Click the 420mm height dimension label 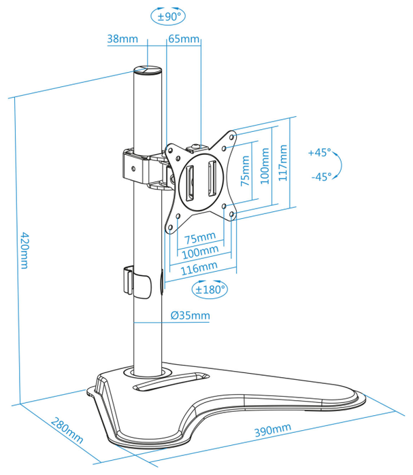[x=24, y=250]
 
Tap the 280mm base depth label [x=67, y=430]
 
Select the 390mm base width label [x=272, y=430]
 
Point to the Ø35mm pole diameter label [x=190, y=315]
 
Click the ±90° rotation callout [x=167, y=16]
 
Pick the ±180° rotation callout [x=210, y=289]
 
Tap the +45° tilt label [x=319, y=152]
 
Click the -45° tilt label [x=321, y=176]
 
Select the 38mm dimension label [x=122, y=39]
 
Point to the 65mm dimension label [x=184, y=39]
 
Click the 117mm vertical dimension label [x=282, y=162]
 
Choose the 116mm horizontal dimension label [x=199, y=268]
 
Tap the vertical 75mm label [x=245, y=171]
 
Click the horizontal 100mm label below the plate [x=200, y=251]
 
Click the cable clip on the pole [x=137, y=281]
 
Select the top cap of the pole [x=148, y=71]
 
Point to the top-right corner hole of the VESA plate [x=231, y=137]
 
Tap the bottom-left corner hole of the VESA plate [x=170, y=227]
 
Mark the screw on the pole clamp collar [x=133, y=168]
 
